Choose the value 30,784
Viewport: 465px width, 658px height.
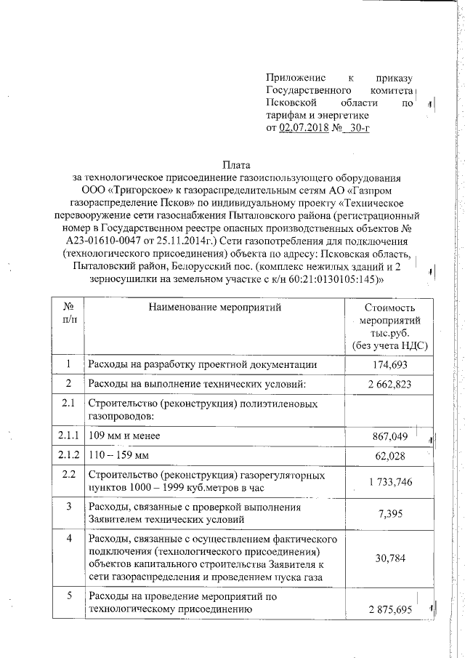tap(391, 558)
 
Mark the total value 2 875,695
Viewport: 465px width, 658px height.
tap(389, 609)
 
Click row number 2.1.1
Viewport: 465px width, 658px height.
tap(68, 435)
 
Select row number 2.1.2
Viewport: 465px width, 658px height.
tap(68, 455)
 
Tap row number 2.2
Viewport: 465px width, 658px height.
tap(68, 475)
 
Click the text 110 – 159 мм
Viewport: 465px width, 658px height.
tap(118, 456)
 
